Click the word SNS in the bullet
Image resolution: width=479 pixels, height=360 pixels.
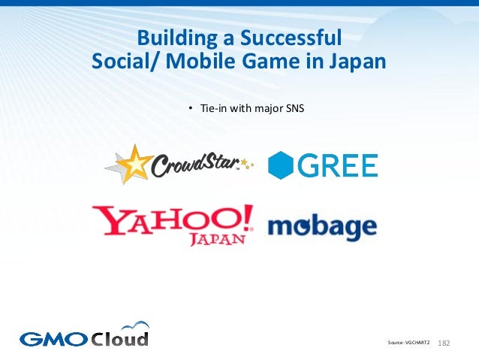click(294, 110)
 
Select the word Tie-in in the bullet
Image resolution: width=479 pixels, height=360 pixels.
click(213, 110)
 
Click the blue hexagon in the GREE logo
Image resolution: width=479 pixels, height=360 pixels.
click(280, 165)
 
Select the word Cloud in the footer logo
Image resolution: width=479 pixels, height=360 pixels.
click(120, 337)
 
